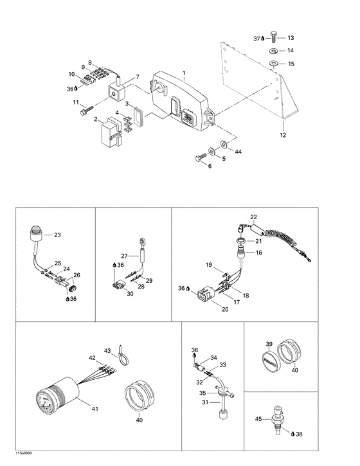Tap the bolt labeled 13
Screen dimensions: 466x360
pos(273,39)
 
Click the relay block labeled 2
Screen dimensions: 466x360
pos(111,133)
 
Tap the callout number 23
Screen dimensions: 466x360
pos(57,235)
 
